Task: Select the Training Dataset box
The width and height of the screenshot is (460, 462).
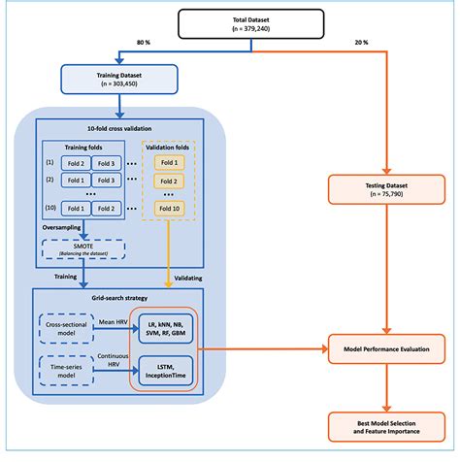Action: click(118, 78)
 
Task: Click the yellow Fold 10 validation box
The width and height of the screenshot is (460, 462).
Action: click(168, 207)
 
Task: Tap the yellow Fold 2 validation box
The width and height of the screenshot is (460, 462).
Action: click(168, 181)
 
